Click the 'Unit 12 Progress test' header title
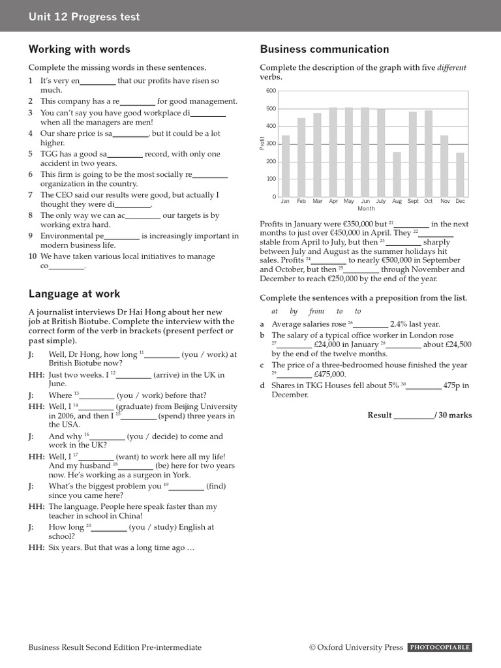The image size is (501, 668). click(83, 17)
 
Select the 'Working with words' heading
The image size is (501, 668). click(79, 49)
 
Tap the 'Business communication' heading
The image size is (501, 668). click(324, 49)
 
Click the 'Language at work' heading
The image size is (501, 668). click(74, 294)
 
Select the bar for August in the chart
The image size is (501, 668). click(397, 174)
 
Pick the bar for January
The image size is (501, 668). click(285, 166)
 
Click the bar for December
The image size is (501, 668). click(461, 174)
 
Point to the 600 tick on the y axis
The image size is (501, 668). click(271, 91)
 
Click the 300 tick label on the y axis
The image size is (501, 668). click(271, 144)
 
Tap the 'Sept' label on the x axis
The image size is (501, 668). click(413, 202)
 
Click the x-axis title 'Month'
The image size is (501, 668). click(366, 209)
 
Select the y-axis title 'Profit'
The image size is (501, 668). click(262, 144)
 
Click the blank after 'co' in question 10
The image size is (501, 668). click(67, 266)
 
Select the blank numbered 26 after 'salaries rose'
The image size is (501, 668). click(370, 324)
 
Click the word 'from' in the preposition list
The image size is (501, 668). click(316, 311)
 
